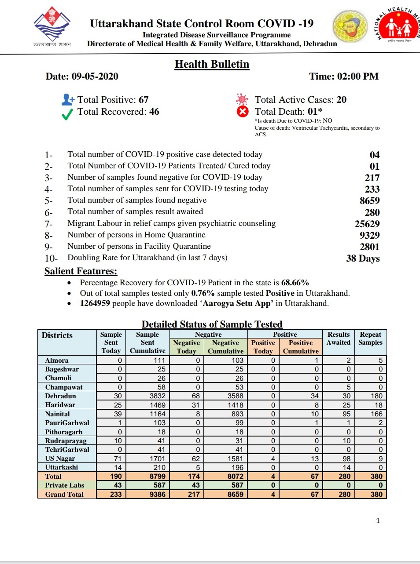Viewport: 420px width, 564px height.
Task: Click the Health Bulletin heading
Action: (212, 64)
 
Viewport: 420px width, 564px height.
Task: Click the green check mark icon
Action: (67, 115)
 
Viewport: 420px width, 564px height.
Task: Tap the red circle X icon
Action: (243, 112)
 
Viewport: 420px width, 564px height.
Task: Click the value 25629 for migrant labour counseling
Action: (367, 224)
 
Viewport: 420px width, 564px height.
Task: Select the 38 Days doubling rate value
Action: (363, 258)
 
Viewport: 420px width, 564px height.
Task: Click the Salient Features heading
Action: (81, 271)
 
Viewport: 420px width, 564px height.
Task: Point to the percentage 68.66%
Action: (295, 283)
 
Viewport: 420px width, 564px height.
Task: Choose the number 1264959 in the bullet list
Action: (95, 303)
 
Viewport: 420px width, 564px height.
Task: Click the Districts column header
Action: (57, 335)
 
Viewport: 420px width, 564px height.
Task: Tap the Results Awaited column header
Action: (339, 338)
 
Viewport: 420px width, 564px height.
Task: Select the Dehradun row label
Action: (60, 396)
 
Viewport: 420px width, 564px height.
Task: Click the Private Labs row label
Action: (64, 485)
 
